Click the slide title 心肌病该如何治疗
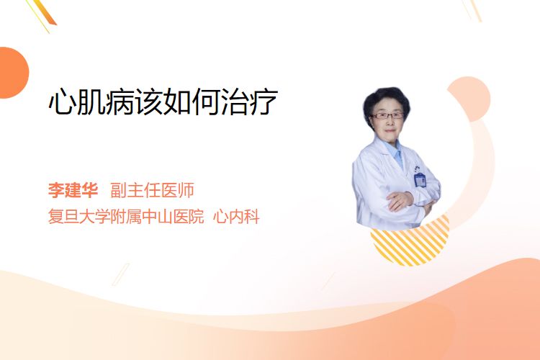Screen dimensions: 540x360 (x=163, y=102)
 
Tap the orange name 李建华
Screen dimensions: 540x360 (x=73, y=190)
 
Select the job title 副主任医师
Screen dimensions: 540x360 (x=152, y=190)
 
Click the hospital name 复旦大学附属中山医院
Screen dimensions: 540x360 (x=126, y=217)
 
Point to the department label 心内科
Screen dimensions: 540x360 (x=236, y=217)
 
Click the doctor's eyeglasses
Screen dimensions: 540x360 (x=387, y=115)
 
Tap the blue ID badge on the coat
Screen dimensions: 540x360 (x=420, y=179)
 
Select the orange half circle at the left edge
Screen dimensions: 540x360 (x=13, y=73)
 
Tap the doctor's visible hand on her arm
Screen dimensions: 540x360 (x=400, y=200)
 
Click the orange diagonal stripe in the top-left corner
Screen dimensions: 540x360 (x=46, y=12)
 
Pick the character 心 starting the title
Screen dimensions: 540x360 (x=62, y=102)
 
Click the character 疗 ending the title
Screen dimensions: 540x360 (x=264, y=102)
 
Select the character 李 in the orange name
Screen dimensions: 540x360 (x=56, y=190)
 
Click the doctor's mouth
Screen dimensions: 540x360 (x=390, y=130)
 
